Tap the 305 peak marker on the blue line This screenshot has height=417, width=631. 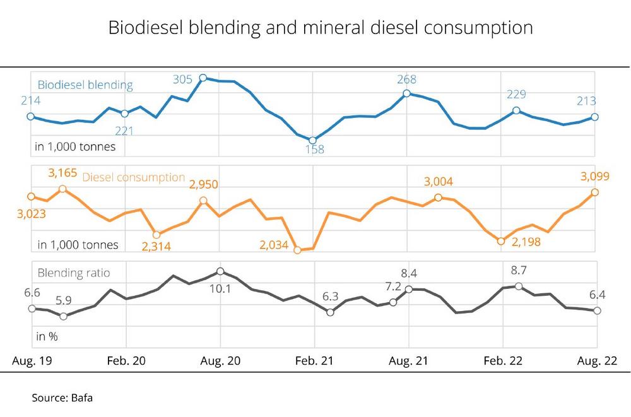tap(203, 78)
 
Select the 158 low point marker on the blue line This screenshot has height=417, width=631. tap(313, 140)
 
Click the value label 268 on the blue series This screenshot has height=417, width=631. tap(406, 80)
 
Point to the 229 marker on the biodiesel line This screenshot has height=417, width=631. tap(516, 110)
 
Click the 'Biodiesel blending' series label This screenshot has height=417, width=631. tap(85, 85)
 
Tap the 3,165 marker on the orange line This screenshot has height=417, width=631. tap(62, 189)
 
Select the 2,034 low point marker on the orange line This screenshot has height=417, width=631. tap(298, 250)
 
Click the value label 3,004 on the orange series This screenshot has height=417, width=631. tap(439, 182)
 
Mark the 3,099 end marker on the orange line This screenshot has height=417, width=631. tap(594, 192)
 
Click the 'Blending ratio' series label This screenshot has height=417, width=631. tap(74, 273)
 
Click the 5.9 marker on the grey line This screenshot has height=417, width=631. tap(62, 316)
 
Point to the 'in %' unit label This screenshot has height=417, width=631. tap(47, 336)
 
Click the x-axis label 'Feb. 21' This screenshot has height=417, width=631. tap(314, 361)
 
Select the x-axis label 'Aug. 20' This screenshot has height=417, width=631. tap(220, 361)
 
